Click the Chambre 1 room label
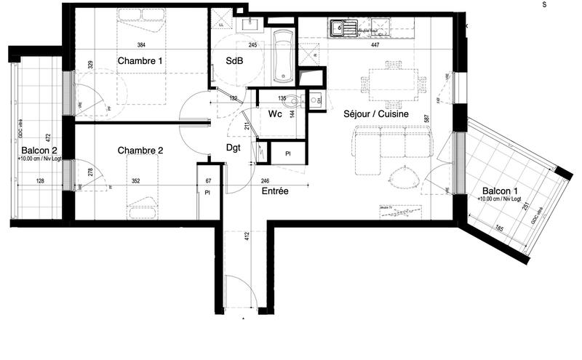tap(140, 61)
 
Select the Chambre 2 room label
tap(140, 151)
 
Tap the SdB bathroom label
tap(234, 61)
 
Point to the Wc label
tap(275, 114)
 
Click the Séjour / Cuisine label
tap(375, 114)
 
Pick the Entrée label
tap(274, 191)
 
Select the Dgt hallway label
tap(233, 148)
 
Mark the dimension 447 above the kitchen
tap(375, 45)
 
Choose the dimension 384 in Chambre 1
tap(140, 45)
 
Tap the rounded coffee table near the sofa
tap(401, 177)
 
